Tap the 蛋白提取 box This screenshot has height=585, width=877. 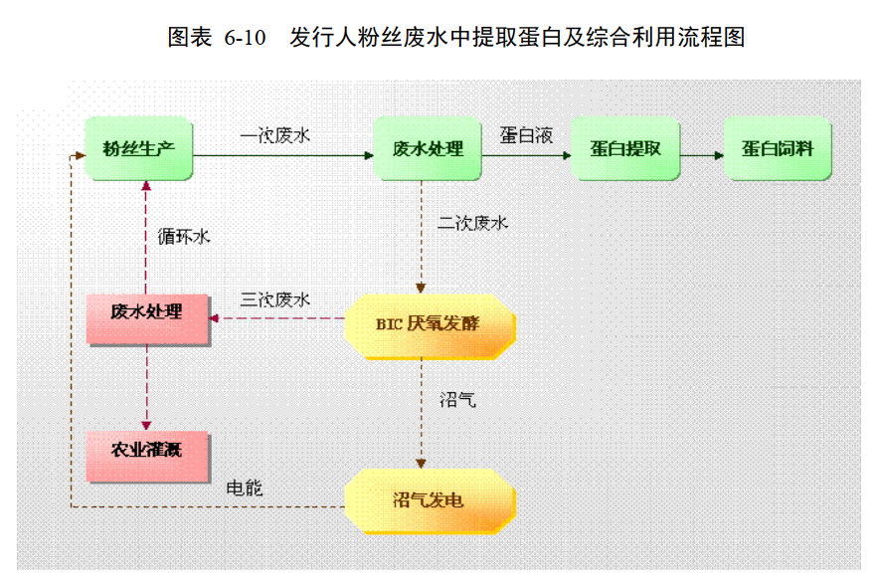625,149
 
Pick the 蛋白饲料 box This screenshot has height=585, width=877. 777,149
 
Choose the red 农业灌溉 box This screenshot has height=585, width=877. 148,456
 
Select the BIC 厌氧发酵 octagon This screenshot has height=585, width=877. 430,323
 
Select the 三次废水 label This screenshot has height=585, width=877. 275,299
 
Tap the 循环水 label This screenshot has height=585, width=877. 185,236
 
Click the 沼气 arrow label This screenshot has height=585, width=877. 457,400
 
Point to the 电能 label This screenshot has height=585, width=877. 245,488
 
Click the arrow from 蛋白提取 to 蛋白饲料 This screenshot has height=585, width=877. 703,155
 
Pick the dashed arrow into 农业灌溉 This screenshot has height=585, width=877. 147,388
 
